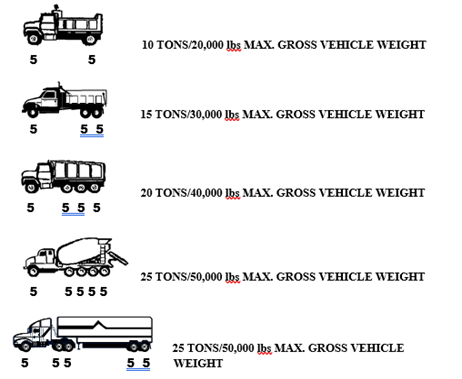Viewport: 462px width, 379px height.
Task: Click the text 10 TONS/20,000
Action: [x=183, y=45]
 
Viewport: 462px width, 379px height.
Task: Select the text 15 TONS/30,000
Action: [x=181, y=114]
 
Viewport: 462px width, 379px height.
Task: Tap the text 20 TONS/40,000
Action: [x=181, y=193]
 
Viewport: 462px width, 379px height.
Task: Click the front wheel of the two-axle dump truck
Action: [x=34, y=39]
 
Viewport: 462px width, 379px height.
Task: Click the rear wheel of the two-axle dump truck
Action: [x=90, y=39]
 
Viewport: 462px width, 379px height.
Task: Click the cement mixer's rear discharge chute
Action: [x=118, y=259]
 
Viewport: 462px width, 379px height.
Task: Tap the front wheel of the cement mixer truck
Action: [x=33, y=271]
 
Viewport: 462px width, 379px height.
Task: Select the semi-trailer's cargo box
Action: [x=105, y=327]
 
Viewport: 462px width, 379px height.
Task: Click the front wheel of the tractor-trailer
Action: [x=25, y=347]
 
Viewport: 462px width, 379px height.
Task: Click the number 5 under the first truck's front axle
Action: [x=33, y=60]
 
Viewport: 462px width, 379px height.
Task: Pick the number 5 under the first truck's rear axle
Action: [x=92, y=60]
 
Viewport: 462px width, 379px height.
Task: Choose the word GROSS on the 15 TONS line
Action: [x=295, y=114]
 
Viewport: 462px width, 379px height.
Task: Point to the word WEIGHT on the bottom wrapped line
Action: [x=198, y=363]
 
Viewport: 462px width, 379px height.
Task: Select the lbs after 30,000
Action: [x=232, y=114]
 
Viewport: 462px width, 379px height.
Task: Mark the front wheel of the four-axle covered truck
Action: [x=31, y=187]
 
